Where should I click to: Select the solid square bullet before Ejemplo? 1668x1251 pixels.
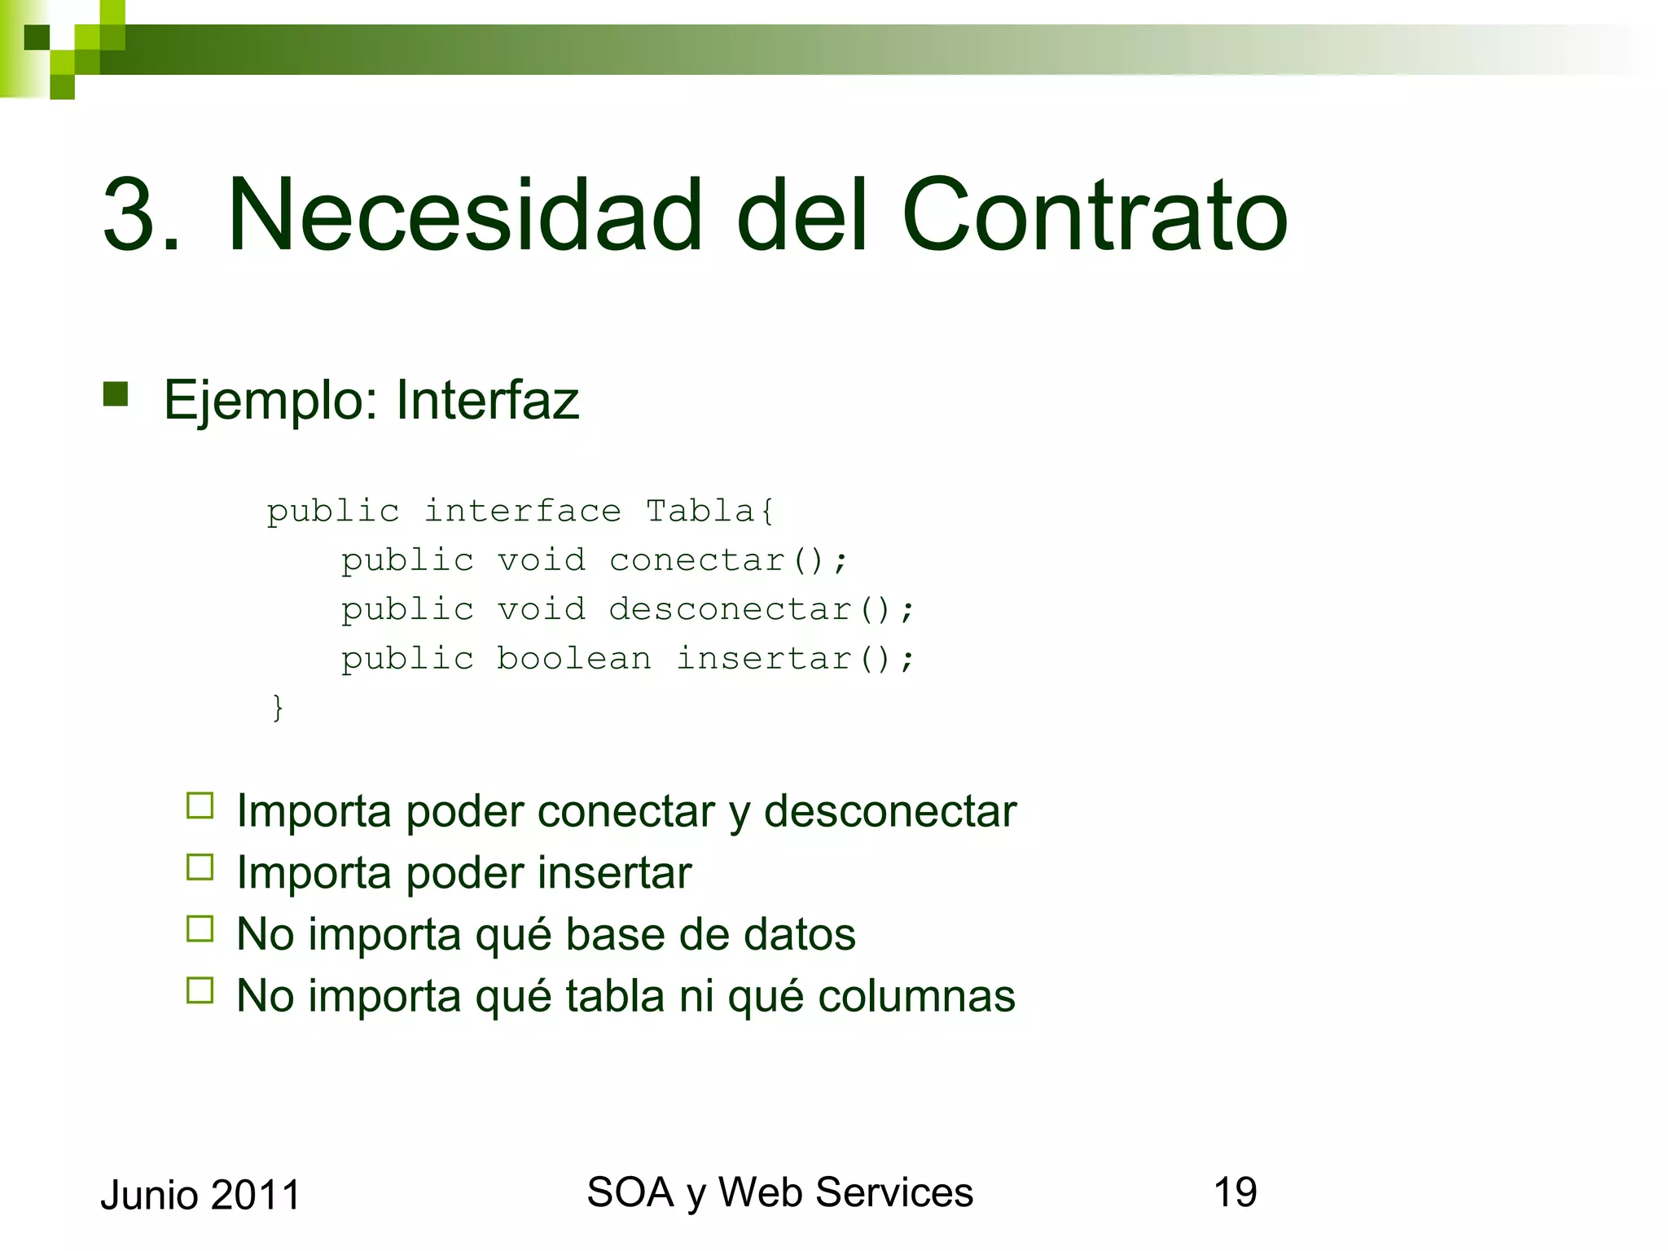tap(116, 394)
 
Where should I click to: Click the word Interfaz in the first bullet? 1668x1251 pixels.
tap(487, 400)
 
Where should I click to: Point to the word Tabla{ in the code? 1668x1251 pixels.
tap(709, 511)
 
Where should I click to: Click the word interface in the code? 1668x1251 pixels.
tap(522, 511)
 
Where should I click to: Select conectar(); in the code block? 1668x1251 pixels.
tap(728, 560)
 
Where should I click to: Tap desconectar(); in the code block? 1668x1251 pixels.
tap(762, 609)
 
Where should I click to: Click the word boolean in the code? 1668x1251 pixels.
tap(574, 658)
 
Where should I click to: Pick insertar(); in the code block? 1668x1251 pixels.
tap(795, 658)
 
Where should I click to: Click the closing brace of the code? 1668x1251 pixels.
tap(278, 707)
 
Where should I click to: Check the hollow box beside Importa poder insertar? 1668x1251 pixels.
tap(200, 867)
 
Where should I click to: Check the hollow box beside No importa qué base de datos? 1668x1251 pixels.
tap(200, 928)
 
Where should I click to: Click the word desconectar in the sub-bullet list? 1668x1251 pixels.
tap(889, 811)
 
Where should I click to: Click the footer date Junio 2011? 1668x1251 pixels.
tap(200, 1195)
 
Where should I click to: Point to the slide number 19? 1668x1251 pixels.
tap(1235, 1192)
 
